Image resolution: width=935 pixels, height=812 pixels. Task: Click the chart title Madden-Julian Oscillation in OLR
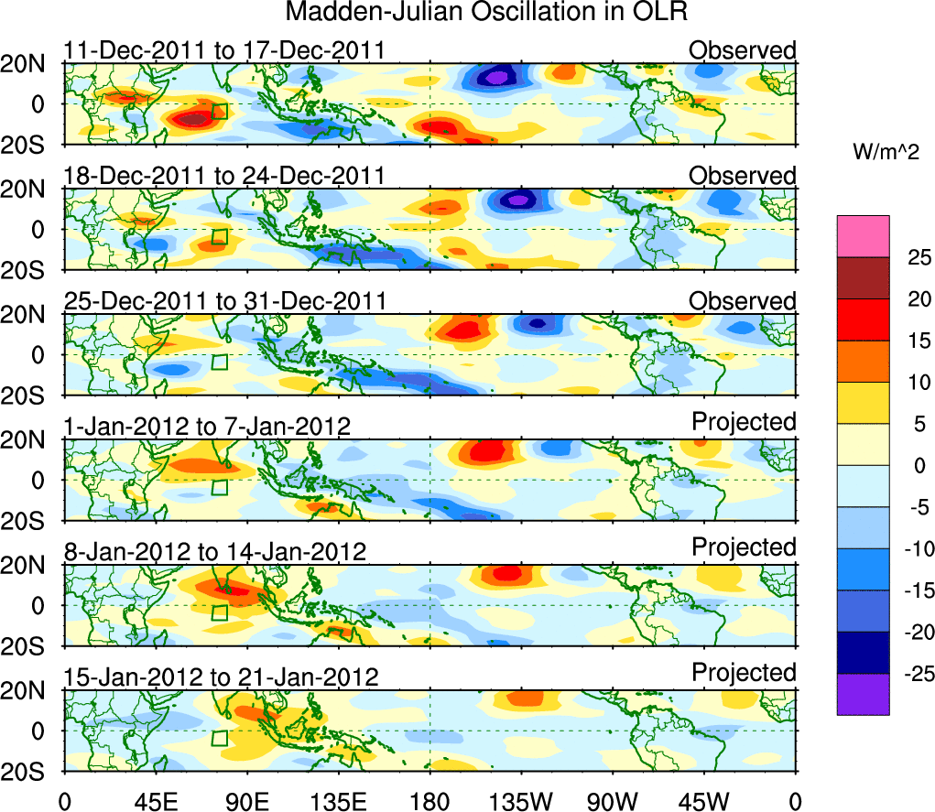point(486,13)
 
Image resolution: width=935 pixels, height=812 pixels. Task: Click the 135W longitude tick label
point(520,800)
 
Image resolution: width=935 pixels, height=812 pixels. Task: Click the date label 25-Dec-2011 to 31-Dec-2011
point(223,301)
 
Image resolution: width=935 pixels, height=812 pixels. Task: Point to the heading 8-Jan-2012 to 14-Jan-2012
point(214,551)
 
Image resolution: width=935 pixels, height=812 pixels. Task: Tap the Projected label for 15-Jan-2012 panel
point(744,672)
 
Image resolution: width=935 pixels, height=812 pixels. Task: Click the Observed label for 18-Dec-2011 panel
point(743,175)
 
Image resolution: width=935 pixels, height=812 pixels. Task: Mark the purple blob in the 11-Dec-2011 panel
point(495,78)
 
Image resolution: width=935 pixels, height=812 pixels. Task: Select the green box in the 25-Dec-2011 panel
point(219,362)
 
